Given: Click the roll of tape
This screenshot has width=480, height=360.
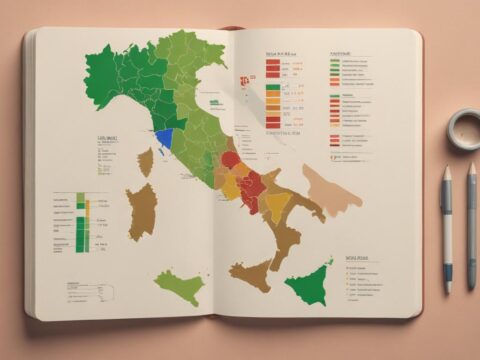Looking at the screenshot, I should [463, 127].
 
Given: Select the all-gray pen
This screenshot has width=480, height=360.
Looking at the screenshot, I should [471, 225].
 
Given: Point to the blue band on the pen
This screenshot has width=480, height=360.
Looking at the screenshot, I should [446, 272].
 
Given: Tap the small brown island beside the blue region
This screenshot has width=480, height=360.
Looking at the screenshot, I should [146, 161].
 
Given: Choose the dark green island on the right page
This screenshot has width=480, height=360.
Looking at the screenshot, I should [310, 282].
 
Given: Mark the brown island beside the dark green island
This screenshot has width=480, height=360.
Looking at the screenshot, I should [251, 274].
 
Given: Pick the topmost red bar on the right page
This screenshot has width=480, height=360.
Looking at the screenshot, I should [272, 62].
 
